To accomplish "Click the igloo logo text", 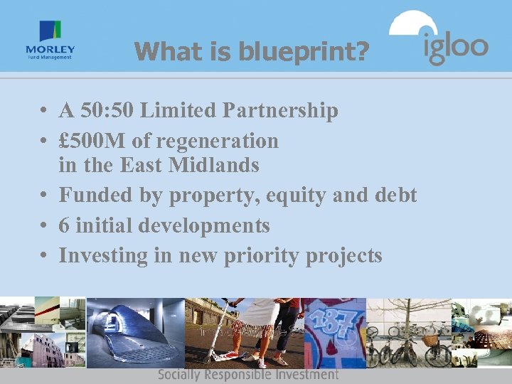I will click(456, 48).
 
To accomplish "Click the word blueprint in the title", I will click(303, 51).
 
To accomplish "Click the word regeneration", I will click(218, 141).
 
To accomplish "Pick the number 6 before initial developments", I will click(64, 226).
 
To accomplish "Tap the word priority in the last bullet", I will click(259, 255).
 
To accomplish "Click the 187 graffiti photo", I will click(334, 324).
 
